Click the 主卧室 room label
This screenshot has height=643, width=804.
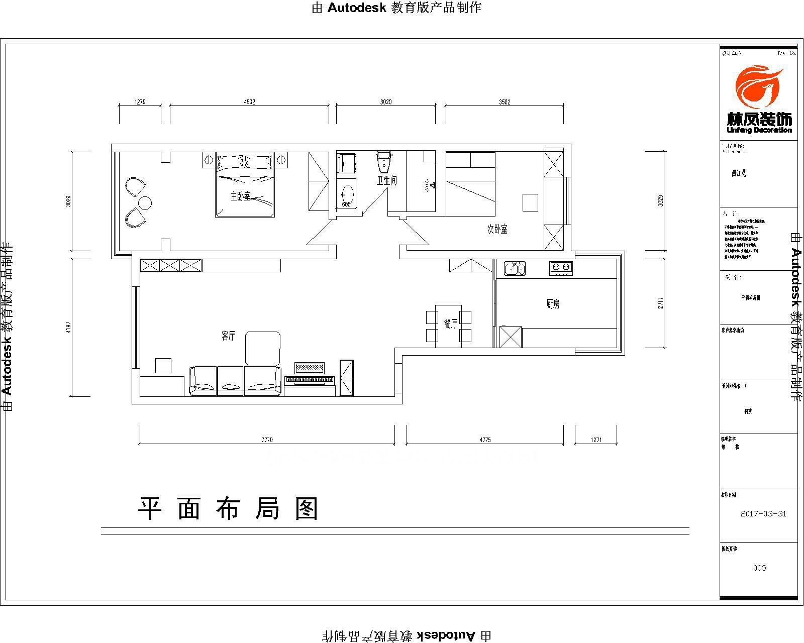[x=240, y=196]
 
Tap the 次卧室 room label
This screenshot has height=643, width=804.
[x=497, y=229]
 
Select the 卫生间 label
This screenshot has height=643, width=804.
[x=387, y=180]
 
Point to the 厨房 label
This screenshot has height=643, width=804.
[x=552, y=304]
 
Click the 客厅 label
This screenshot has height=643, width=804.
[x=228, y=337]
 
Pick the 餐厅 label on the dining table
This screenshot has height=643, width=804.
[x=450, y=324]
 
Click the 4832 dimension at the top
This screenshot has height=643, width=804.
[x=249, y=102]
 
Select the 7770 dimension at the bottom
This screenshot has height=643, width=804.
[x=267, y=440]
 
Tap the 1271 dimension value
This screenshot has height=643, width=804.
[x=596, y=440]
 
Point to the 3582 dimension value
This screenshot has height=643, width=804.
[x=505, y=102]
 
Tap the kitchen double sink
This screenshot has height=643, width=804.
[x=515, y=268]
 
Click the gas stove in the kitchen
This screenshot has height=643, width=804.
[x=561, y=267]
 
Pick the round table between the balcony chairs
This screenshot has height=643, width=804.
[x=145, y=203]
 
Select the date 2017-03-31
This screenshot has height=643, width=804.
[x=763, y=514]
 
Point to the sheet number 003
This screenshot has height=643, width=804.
[x=760, y=568]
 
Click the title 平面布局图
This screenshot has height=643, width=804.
[x=229, y=509]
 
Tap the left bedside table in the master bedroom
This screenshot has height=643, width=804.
[x=209, y=160]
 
